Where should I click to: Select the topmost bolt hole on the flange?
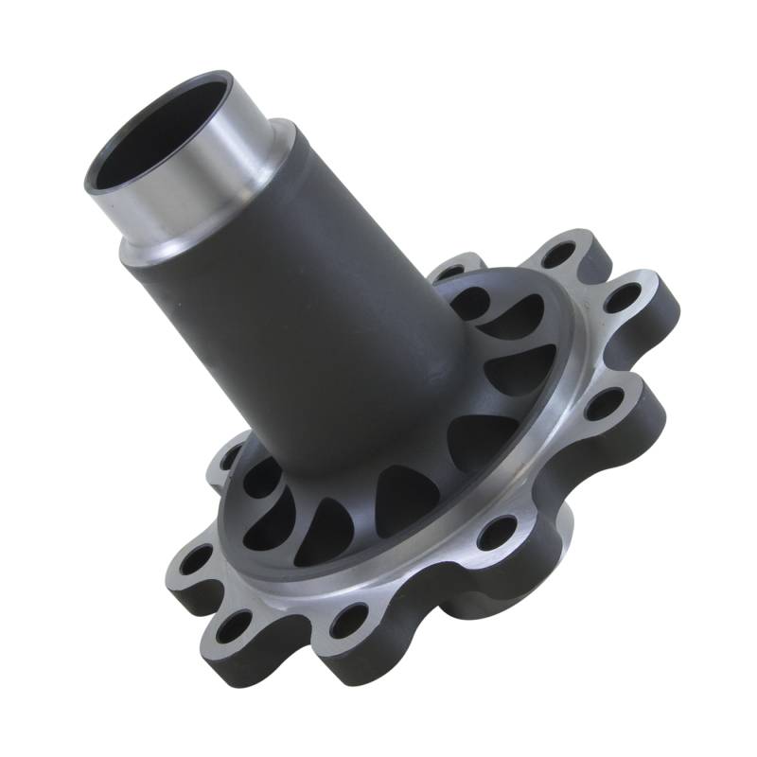click(x=561, y=254)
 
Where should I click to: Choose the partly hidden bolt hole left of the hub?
click(x=230, y=461)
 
